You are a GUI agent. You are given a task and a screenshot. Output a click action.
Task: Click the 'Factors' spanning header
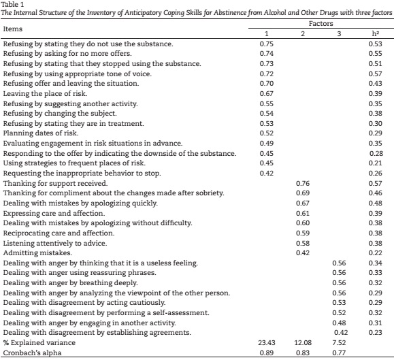point(321,24)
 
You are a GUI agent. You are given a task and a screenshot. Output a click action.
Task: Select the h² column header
point(376,33)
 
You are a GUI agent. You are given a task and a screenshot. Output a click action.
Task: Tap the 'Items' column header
point(13,29)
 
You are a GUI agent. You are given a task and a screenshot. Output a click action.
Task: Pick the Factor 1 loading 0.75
point(266,44)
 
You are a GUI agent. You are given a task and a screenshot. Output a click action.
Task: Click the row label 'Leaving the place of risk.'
point(45,93)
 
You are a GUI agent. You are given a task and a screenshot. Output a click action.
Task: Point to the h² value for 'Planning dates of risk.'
point(375,133)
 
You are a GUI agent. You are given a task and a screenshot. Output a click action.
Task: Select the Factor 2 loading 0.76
point(303,183)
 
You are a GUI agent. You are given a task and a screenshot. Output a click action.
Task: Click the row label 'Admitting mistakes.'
point(37,252)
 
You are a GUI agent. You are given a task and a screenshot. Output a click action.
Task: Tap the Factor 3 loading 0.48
point(339,323)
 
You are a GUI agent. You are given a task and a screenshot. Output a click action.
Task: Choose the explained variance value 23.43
point(266,343)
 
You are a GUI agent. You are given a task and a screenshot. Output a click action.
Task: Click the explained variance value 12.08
point(303,343)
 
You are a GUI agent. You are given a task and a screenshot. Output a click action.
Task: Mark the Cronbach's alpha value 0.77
point(339,353)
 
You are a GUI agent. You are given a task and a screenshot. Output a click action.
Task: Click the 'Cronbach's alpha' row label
point(32,353)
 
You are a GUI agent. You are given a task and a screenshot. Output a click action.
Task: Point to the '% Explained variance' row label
point(39,343)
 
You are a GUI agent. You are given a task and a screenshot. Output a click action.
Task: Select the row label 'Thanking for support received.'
point(55,183)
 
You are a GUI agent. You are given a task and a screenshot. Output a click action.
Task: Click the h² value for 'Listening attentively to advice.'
point(375,243)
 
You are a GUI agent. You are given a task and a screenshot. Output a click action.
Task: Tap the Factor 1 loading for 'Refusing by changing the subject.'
point(266,113)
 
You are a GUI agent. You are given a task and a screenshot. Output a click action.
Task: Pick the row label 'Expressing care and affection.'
point(54,213)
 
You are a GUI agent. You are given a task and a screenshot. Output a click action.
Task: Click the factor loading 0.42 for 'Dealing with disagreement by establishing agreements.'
point(341,333)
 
